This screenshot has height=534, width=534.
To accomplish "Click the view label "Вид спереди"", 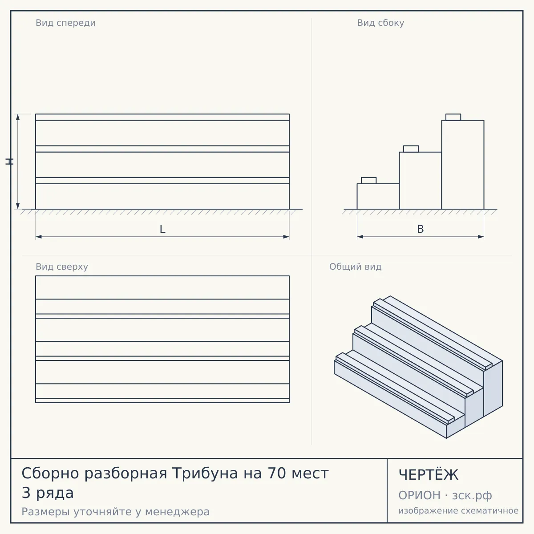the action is point(66,23).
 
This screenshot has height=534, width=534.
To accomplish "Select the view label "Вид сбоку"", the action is point(380,23).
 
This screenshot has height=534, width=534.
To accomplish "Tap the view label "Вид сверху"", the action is point(62,267).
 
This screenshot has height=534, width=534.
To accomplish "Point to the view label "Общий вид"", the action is point(355,267).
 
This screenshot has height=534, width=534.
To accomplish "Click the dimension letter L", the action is point(163,229).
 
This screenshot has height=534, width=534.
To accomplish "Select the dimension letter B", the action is point(421,229).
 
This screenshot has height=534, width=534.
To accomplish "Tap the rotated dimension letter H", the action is point(9,162).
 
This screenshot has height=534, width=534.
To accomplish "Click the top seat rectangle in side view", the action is point(453,117).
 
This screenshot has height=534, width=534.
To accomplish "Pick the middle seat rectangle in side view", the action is point(411,149).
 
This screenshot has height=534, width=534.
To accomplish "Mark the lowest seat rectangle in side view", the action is point(368,181).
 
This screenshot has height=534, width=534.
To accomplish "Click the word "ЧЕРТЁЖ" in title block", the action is point(429,475).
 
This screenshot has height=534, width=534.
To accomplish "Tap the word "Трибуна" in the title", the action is point(205,473).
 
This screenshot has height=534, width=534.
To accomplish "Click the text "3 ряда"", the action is point(48,493).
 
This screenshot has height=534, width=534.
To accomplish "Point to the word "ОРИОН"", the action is point(419,495).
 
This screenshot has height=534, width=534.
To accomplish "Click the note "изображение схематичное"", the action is point(458,511).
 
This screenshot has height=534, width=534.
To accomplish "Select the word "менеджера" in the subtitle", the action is point(178,512).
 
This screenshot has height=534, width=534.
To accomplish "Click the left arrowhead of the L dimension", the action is point(39,237).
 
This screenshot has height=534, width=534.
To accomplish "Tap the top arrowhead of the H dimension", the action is point(18,117).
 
